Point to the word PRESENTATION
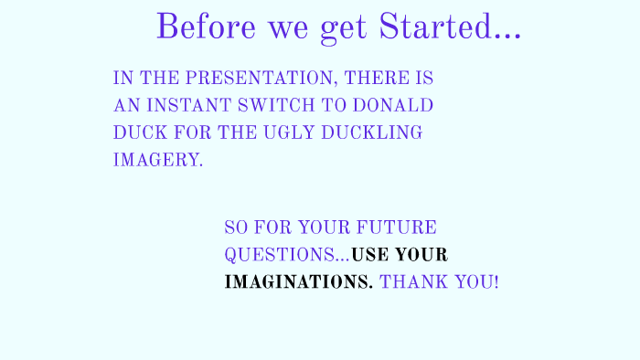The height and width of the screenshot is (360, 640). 253,78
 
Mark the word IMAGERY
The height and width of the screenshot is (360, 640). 157,160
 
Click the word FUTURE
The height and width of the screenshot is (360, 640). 397,228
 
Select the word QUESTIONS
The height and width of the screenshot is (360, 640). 280,255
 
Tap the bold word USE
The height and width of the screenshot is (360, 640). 372,255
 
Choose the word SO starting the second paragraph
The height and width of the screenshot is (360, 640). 236,228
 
